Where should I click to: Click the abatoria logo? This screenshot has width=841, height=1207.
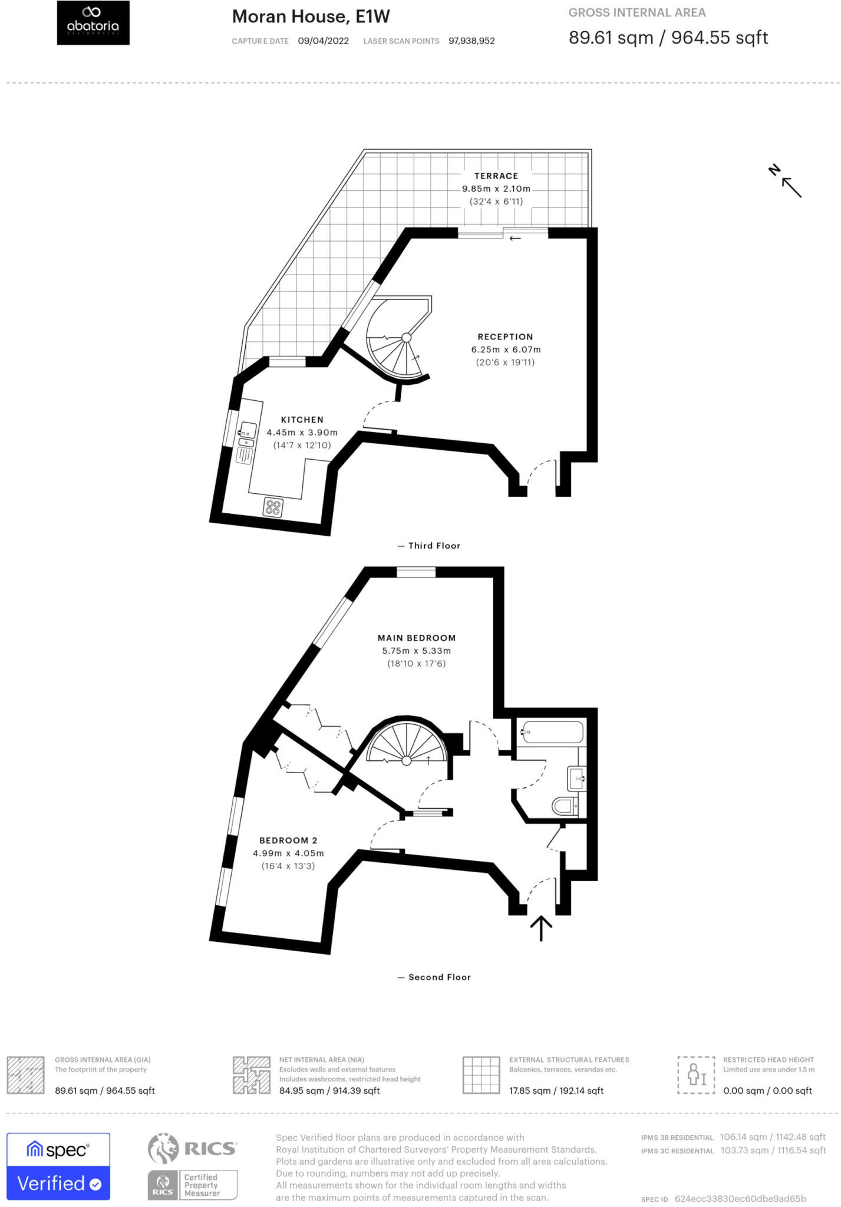coord(93,22)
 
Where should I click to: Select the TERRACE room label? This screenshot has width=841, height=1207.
coord(496,176)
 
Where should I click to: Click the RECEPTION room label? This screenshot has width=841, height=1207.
coord(505,337)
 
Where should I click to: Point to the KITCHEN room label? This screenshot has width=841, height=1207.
coord(302,420)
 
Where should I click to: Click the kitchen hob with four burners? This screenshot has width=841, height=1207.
coord(273,507)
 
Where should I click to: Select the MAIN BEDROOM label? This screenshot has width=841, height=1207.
coord(417,638)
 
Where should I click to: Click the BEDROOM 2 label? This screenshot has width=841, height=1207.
coord(288,840)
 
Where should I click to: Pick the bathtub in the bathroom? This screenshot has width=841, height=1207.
coord(552,732)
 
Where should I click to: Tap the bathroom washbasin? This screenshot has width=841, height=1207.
coord(576,778)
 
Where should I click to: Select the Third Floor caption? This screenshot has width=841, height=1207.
coord(434,546)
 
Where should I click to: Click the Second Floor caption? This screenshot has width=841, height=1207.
coord(439,977)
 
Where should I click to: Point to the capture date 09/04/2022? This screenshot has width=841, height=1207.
coord(323,41)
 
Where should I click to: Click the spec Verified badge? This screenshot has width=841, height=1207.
coord(58,1166)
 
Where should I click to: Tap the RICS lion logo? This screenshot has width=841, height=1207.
coord(163,1149)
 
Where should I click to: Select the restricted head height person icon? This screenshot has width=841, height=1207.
coord(696,1075)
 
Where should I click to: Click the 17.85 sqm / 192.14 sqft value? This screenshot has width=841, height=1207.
coord(556,1091)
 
